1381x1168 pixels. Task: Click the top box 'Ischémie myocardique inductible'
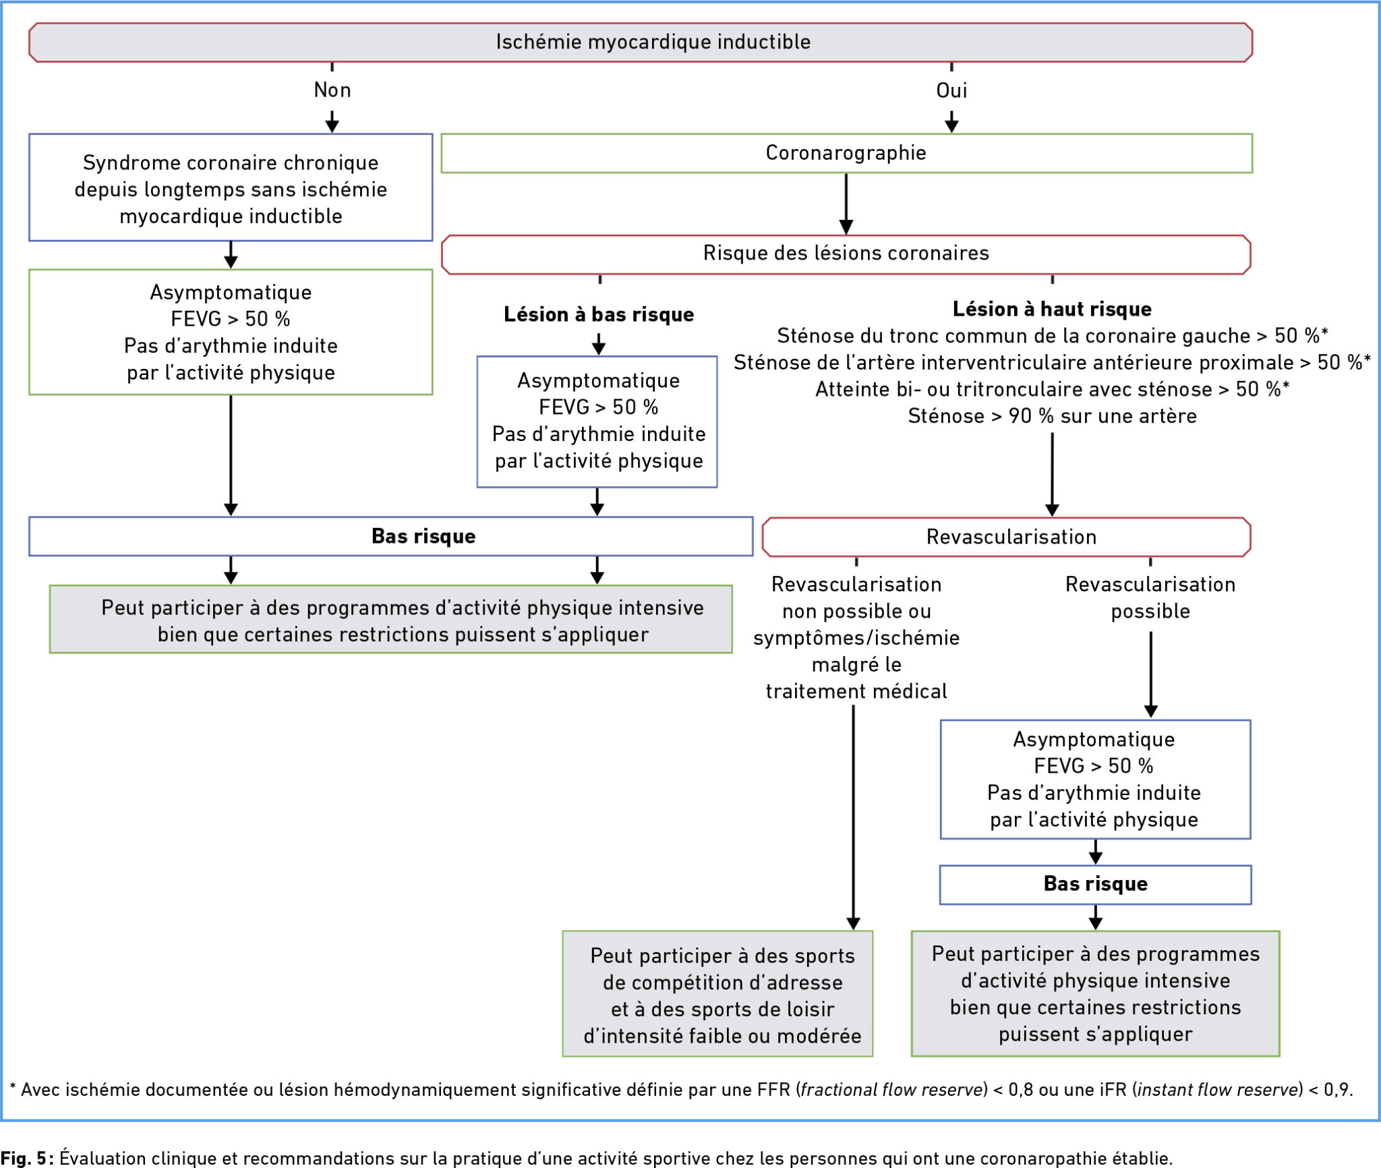click(x=641, y=42)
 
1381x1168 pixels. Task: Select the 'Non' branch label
click(x=332, y=90)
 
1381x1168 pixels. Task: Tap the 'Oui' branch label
click(x=951, y=90)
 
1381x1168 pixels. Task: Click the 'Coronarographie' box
click(x=846, y=153)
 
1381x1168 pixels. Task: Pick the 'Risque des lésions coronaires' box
click(x=846, y=254)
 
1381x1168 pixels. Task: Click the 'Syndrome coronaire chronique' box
click(x=231, y=187)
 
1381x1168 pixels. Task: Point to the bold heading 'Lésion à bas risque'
click(x=599, y=314)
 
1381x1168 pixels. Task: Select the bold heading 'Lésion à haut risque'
click(x=1052, y=309)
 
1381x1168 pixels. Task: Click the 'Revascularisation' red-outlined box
click(x=1007, y=537)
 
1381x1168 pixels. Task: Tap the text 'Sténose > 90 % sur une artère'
click(x=1052, y=416)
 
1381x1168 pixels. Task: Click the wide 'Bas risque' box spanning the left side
click(x=391, y=537)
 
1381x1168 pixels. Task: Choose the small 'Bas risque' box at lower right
click(x=1096, y=884)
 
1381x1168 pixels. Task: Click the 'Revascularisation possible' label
click(x=1150, y=597)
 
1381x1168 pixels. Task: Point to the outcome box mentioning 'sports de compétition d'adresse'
click(x=718, y=993)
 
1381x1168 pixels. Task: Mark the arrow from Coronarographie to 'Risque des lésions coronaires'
click(x=846, y=204)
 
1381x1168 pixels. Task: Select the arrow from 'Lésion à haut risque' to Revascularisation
click(x=1052, y=475)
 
